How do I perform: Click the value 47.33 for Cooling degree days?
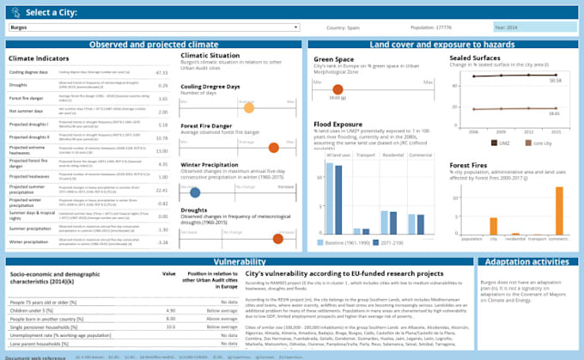point(161,73)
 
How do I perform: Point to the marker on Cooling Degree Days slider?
point(249,108)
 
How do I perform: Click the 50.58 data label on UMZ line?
point(554,81)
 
